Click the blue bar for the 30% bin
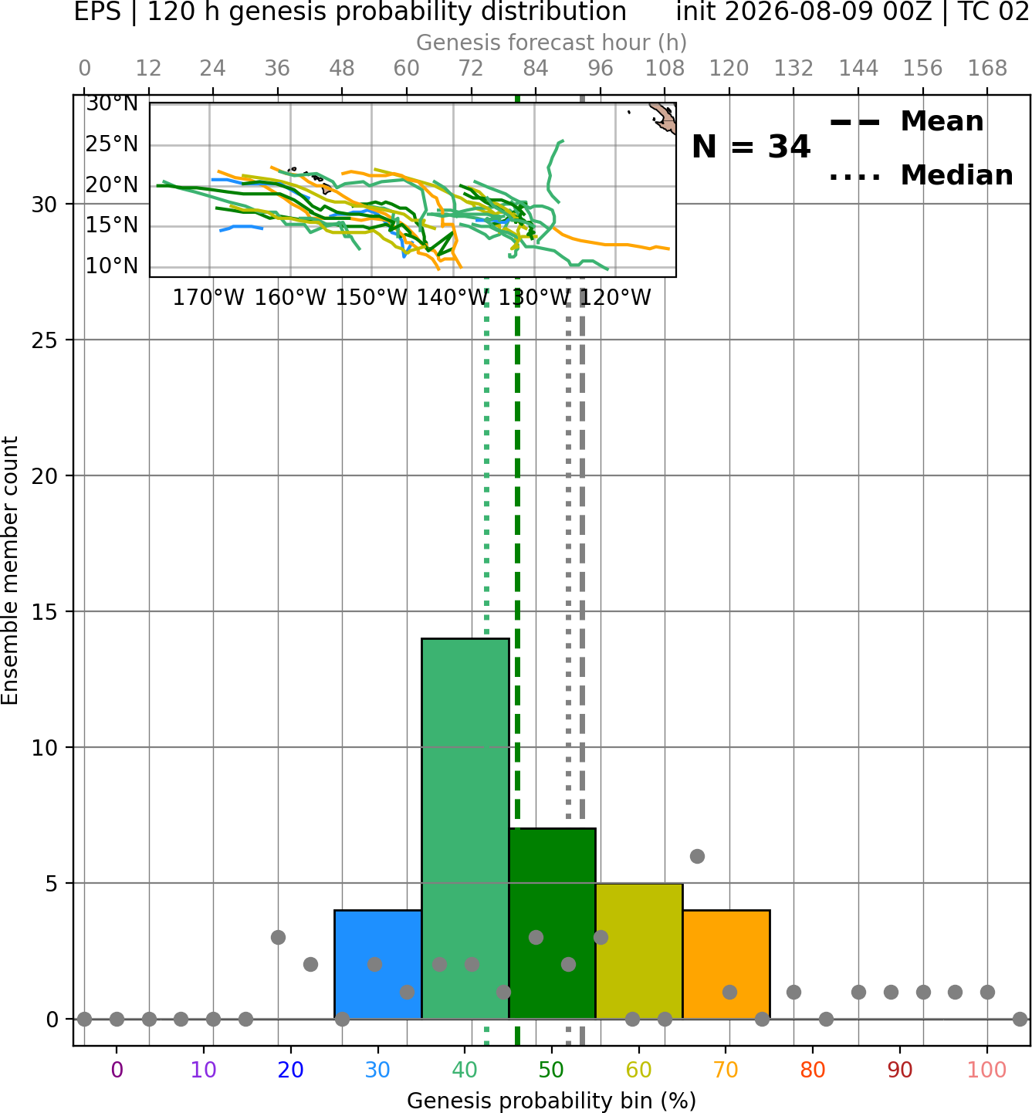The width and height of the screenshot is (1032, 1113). tap(377, 965)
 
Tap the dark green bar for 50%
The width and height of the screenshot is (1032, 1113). tap(552, 924)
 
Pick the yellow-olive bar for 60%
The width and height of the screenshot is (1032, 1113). tap(639, 951)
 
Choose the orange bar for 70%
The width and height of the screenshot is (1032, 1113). tap(726, 965)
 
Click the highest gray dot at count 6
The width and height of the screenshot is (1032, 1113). tap(697, 856)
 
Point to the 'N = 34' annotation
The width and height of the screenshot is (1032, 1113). tap(751, 147)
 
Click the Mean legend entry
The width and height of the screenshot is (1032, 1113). tap(906, 122)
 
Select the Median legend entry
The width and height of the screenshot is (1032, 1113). tap(921, 175)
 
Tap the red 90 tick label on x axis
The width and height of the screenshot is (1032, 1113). tap(900, 1070)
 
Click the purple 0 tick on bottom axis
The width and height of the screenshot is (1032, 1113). tap(117, 1070)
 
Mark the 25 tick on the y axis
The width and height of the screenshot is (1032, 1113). tap(45, 340)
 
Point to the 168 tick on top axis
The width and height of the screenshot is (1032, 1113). tap(987, 69)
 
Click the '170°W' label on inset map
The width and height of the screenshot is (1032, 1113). tap(208, 298)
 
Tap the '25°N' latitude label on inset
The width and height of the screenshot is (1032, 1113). tap(112, 144)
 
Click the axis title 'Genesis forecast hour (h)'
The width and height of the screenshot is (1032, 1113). tap(552, 42)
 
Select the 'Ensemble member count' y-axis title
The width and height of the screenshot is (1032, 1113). tap(10, 570)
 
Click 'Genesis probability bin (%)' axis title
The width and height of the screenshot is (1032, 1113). tap(552, 1101)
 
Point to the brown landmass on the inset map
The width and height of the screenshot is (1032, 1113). tap(665, 117)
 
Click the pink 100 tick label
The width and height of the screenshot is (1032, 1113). tap(986, 1070)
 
